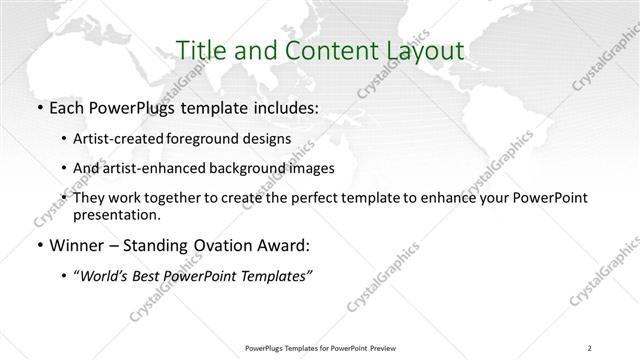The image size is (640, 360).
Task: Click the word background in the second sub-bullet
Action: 266,168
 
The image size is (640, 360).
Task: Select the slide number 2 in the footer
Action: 590,347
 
